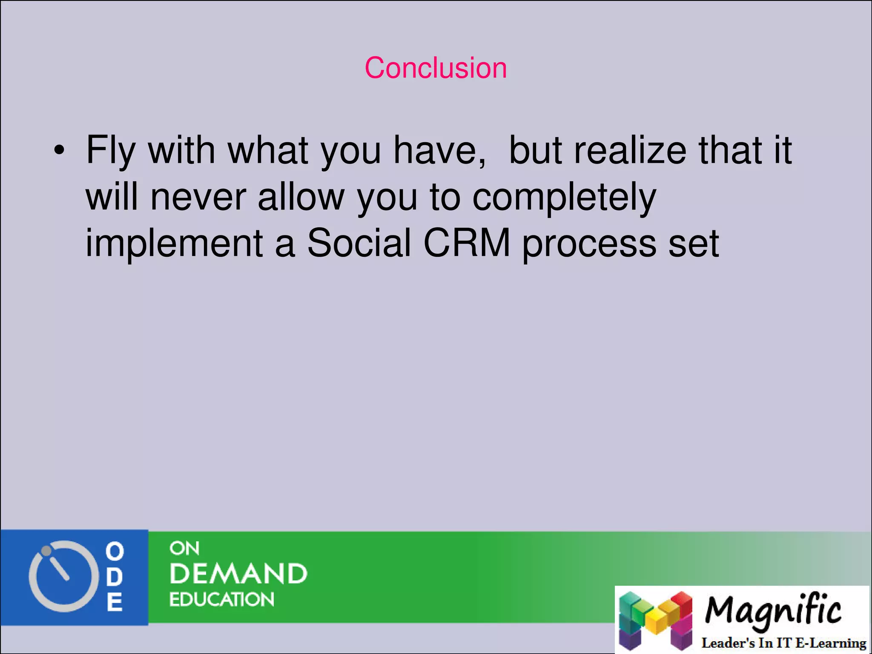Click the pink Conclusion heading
[436, 68]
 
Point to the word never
[198, 197]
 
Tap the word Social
[359, 243]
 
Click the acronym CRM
[467, 243]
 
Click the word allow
[301, 197]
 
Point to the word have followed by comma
[439, 150]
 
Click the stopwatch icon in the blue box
[60, 577]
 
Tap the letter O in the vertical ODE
[115, 551]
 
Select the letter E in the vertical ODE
[115, 602]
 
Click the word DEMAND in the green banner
[238, 574]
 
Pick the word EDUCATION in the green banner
[221, 599]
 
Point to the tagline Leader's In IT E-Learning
[783, 643]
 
